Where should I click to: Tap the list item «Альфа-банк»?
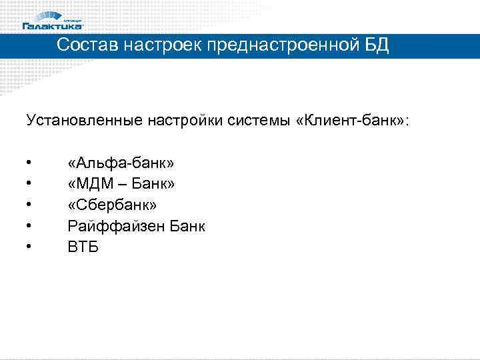(x=121, y=163)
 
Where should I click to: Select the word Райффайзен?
(x=113, y=226)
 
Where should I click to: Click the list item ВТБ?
(x=83, y=247)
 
